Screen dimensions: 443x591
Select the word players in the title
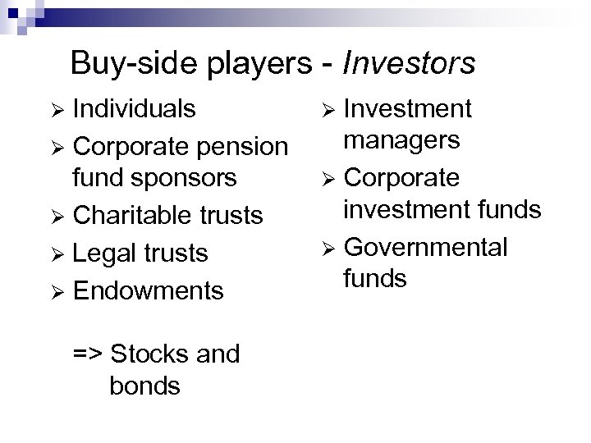(246, 63)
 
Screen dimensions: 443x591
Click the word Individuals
(135, 109)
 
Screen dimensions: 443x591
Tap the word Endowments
(149, 290)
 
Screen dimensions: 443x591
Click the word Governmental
(426, 247)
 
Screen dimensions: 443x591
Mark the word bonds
(144, 386)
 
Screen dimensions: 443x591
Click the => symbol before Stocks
(87, 354)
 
